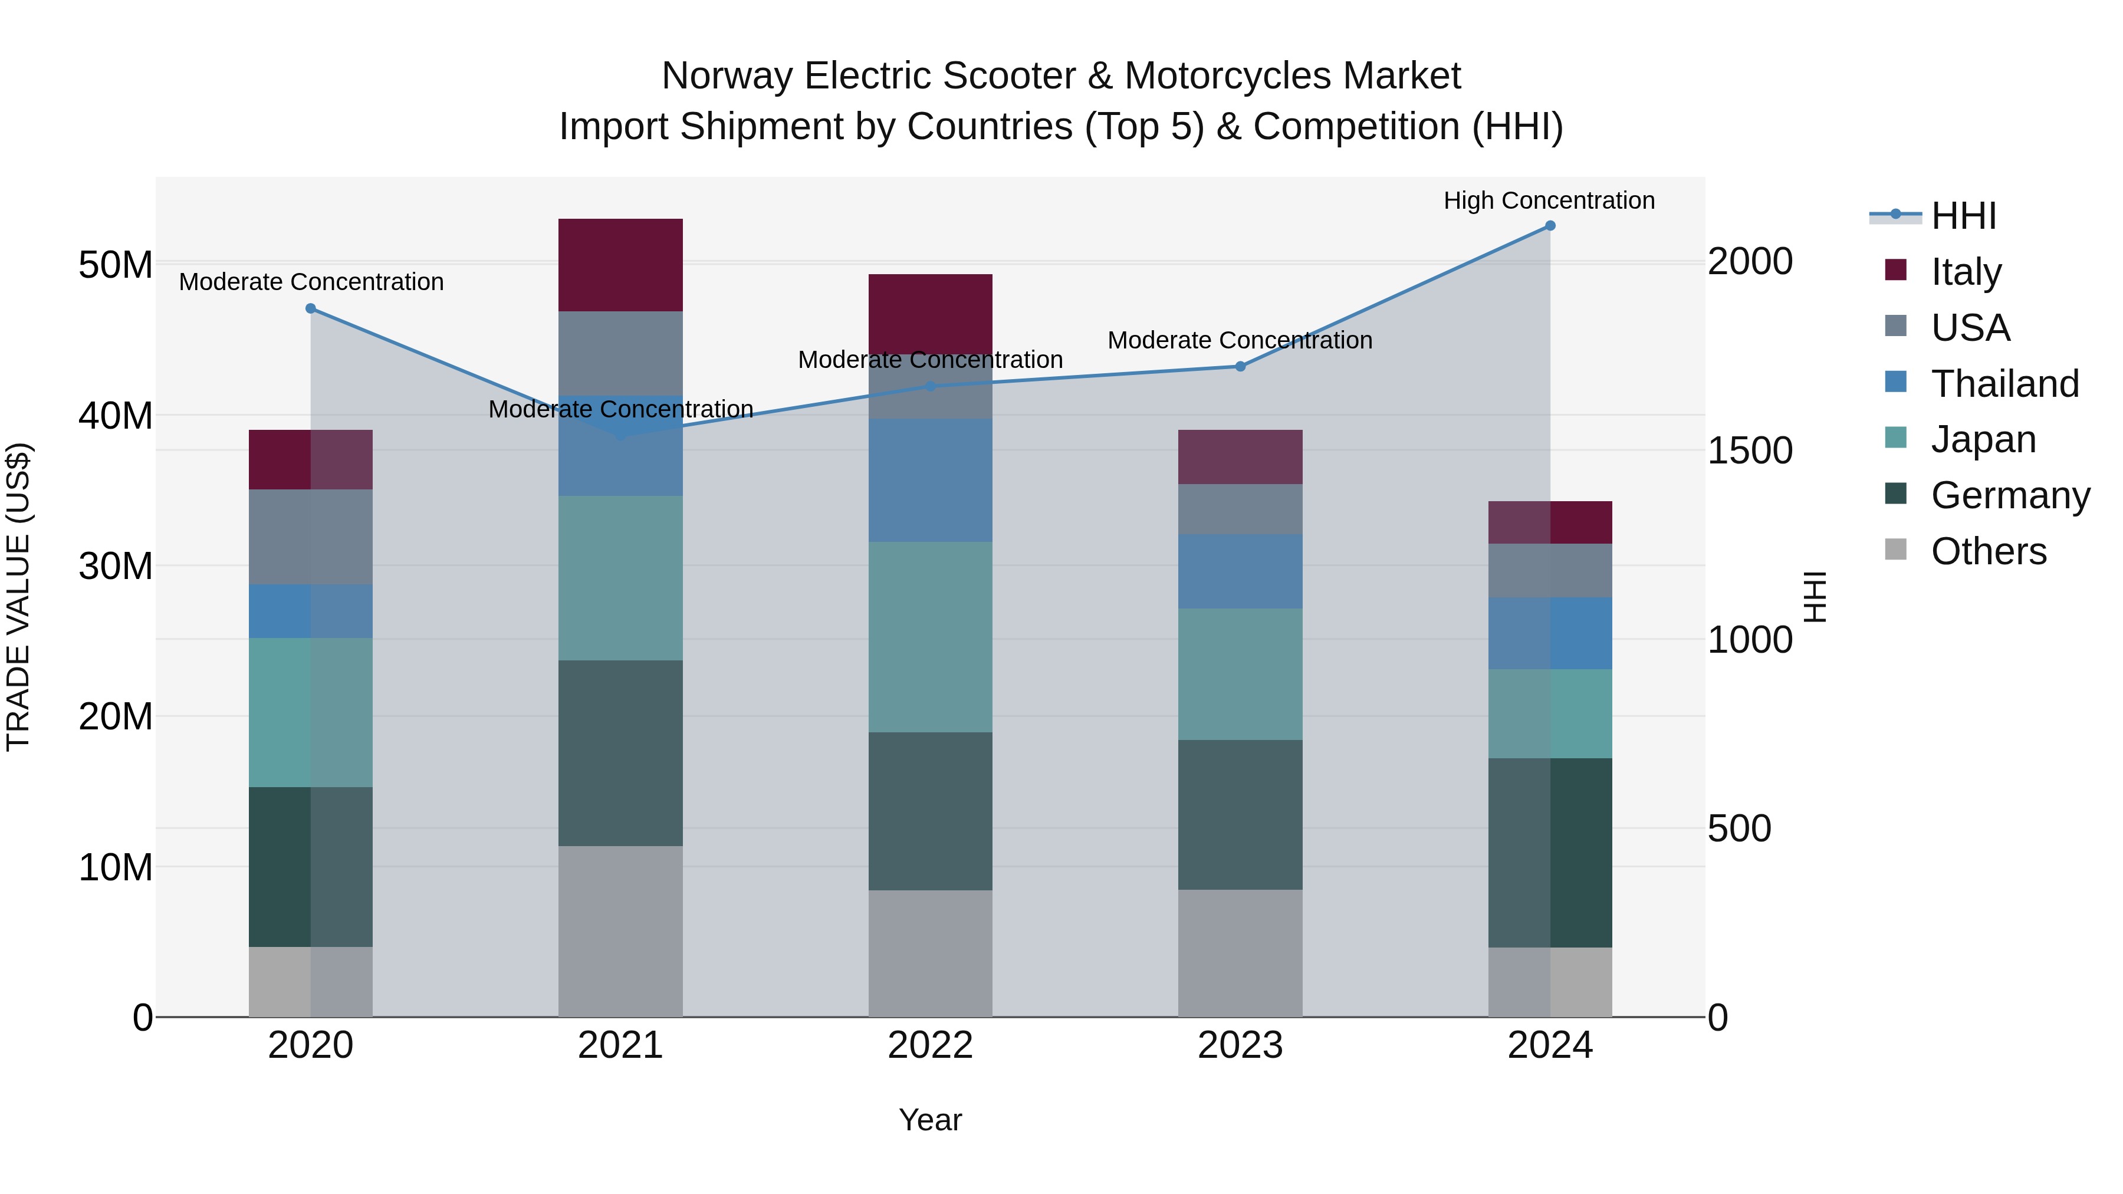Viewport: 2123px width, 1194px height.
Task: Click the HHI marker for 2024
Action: point(1549,226)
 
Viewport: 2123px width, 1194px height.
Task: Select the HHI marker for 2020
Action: point(311,309)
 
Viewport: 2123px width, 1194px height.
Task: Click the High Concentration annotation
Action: point(1549,201)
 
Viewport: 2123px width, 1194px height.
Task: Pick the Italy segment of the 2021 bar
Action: point(620,265)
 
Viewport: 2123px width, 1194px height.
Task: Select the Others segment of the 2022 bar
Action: point(931,953)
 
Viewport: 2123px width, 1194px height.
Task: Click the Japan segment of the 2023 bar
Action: point(1240,674)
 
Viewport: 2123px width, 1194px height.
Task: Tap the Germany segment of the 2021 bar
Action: point(620,753)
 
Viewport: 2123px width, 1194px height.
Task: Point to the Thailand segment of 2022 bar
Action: point(931,481)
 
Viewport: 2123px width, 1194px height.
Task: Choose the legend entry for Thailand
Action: point(2004,384)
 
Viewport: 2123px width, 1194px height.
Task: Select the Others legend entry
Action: point(1988,551)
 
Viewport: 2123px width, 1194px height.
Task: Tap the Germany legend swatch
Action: point(1895,495)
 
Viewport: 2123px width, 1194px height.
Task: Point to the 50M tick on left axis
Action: point(116,265)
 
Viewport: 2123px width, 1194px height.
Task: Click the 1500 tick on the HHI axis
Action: point(1750,450)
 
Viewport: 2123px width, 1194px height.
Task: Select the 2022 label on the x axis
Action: point(931,1045)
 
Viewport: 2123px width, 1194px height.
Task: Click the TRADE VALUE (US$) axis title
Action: point(19,597)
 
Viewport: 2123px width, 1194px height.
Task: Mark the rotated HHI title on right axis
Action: point(1814,597)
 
